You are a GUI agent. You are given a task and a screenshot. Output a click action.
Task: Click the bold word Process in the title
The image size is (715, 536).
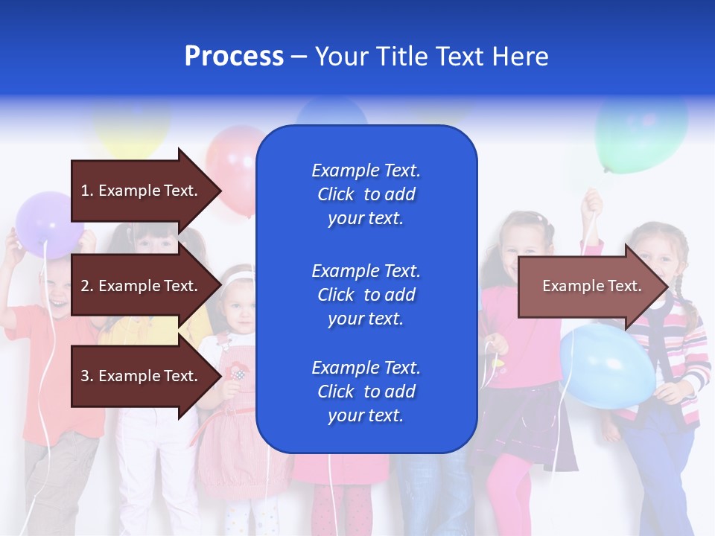(234, 57)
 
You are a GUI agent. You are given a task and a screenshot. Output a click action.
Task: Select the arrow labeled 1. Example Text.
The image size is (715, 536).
(142, 191)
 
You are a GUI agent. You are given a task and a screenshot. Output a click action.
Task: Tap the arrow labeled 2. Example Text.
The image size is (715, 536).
(142, 286)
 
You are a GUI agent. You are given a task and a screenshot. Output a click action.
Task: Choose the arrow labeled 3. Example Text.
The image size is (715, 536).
(142, 376)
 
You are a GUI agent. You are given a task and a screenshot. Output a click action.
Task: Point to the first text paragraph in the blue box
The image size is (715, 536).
(366, 194)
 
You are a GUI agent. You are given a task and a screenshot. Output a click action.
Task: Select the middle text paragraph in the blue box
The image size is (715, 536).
(366, 295)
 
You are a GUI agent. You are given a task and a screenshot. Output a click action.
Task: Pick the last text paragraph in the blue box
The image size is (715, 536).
(366, 392)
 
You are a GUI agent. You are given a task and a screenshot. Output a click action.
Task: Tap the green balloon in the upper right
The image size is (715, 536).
(641, 134)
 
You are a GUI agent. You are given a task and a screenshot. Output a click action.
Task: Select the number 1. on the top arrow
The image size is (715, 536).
(87, 191)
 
